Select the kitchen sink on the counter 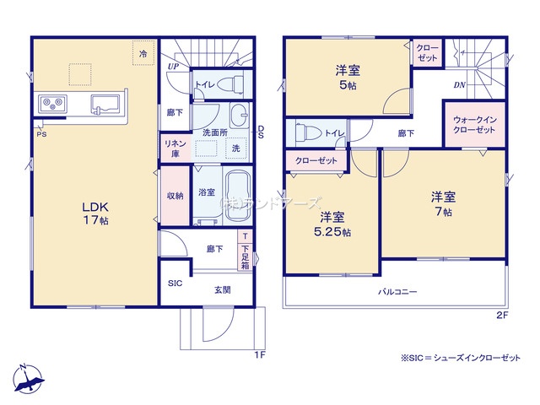point(105,105)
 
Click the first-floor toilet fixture point(232,84)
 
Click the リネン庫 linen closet point(174,148)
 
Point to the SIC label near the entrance point(175,283)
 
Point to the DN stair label point(461,85)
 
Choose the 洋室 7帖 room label point(444,202)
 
